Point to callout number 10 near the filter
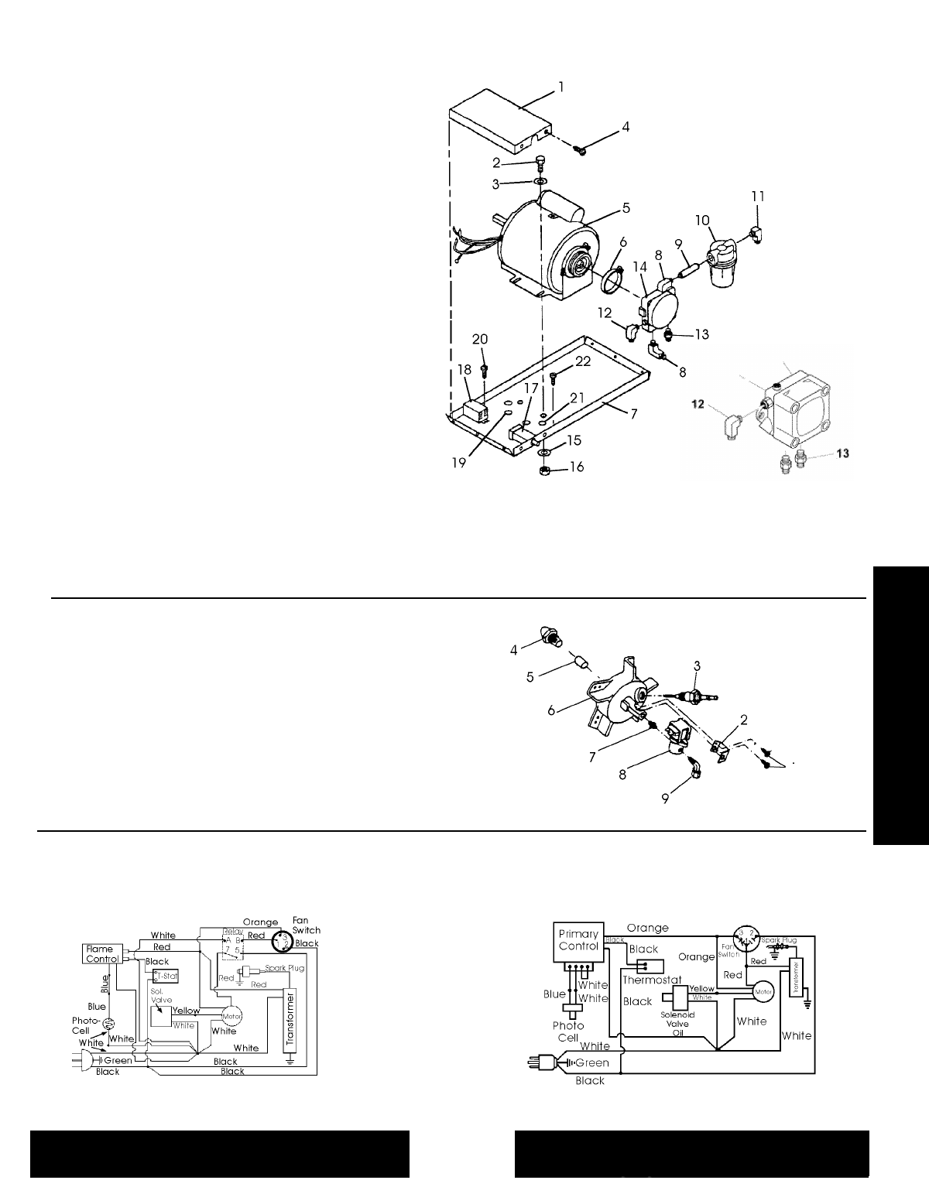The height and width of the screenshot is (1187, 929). [702, 220]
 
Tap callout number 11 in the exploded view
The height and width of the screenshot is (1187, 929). [758, 197]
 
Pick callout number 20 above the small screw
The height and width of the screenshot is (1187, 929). [480, 339]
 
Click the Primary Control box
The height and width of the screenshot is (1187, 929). [578, 940]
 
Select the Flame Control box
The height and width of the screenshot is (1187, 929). [101, 954]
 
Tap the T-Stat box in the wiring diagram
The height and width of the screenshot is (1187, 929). [166, 976]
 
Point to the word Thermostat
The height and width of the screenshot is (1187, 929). [651, 980]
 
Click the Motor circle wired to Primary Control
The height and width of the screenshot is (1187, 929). [763, 991]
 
